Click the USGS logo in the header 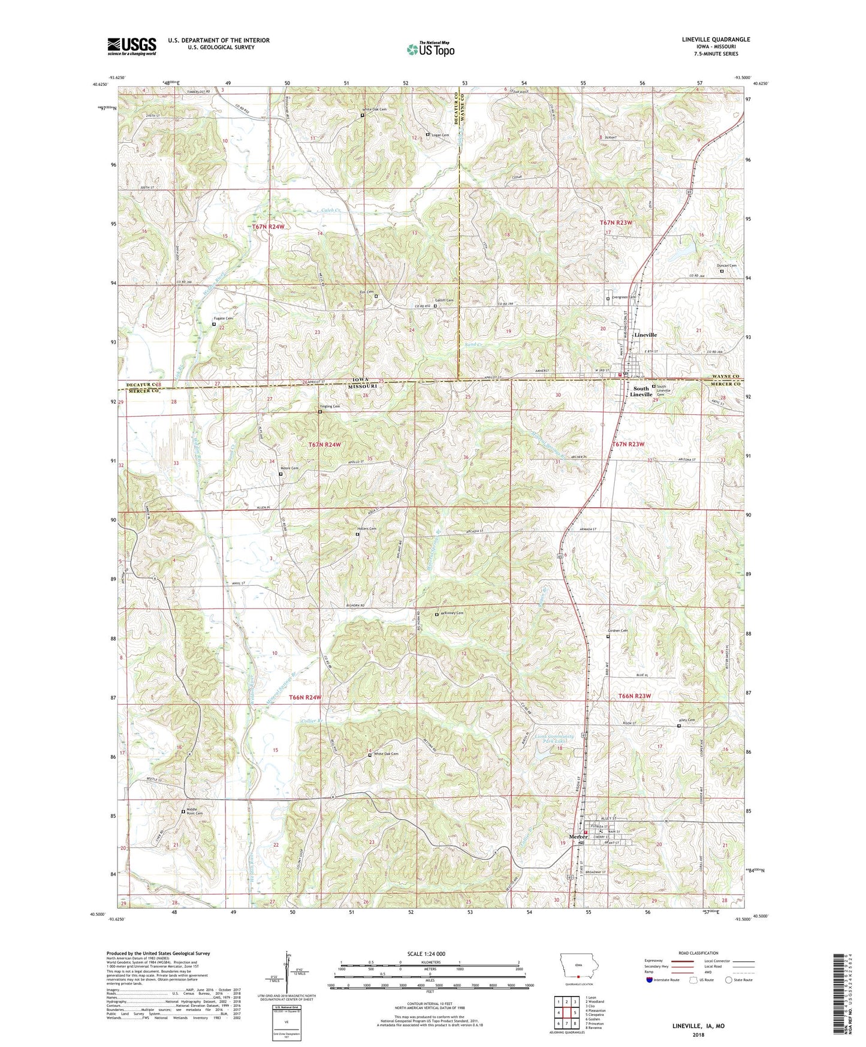(132, 46)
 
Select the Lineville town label (645, 335)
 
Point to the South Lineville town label (642, 391)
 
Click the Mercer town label (578, 837)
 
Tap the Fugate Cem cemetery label (224, 318)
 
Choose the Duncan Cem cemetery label (726, 266)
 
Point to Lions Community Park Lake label (553, 739)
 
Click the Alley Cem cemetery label (687, 720)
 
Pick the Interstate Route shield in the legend (650, 980)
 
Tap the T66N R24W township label (305, 697)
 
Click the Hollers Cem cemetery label (367, 529)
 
